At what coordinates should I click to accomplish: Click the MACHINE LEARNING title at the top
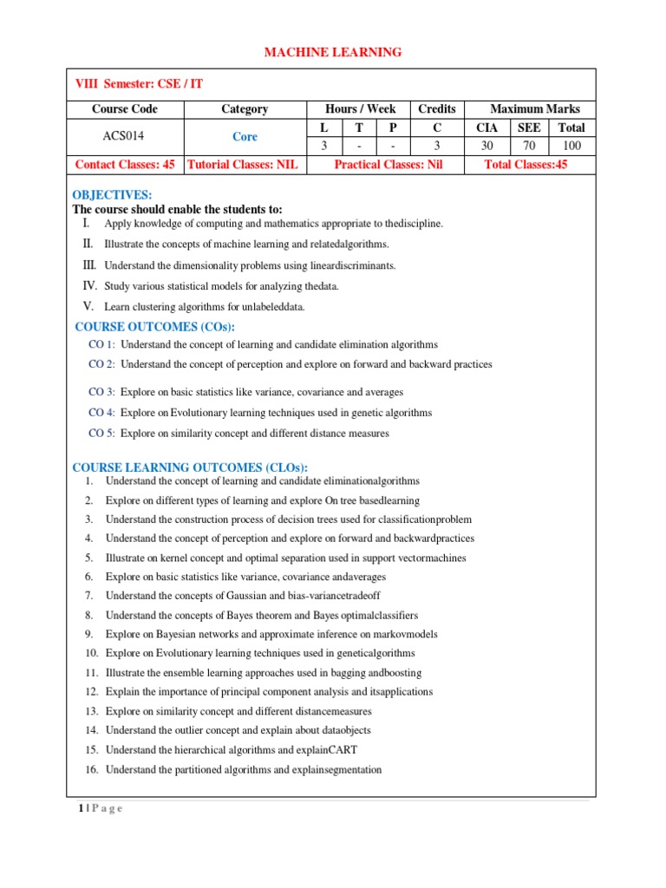tap(333, 53)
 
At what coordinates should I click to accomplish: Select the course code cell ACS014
tap(125, 136)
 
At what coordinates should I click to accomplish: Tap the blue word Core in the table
tap(245, 136)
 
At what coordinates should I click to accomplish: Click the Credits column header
tap(436, 108)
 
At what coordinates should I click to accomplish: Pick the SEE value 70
tap(530, 146)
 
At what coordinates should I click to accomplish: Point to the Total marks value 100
tap(571, 146)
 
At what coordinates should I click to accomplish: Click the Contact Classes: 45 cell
tap(125, 164)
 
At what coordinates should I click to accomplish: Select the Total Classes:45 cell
tap(526, 164)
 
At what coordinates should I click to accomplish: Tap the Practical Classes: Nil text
tap(388, 164)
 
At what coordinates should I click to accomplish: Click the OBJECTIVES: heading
tap(112, 194)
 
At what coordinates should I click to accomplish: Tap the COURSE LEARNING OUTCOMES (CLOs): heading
tap(190, 467)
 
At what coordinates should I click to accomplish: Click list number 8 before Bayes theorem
tap(89, 615)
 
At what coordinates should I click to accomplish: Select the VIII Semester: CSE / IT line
tap(141, 83)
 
